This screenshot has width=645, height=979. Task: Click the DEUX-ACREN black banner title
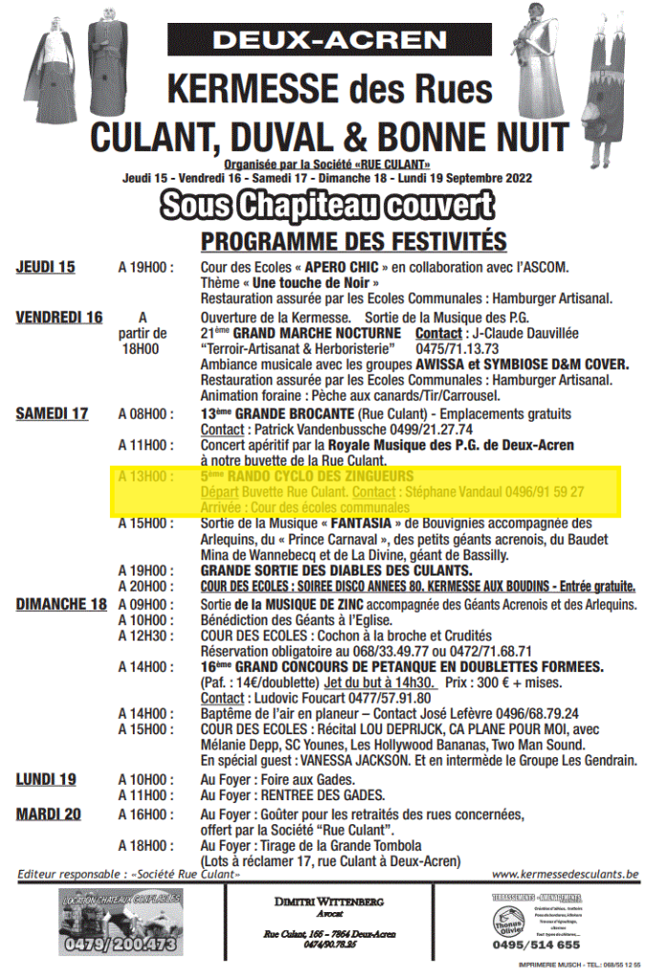point(330,40)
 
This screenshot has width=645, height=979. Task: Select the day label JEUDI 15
point(45,267)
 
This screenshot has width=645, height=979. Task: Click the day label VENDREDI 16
point(59,317)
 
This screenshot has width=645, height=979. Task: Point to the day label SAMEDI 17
point(52,414)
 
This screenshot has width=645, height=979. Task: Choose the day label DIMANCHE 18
point(60,604)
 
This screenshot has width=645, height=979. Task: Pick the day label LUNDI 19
point(45,779)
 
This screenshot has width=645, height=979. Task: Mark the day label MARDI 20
point(49,814)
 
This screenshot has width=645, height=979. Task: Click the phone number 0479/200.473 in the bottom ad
point(120,944)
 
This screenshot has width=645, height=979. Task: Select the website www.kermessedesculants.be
point(565,874)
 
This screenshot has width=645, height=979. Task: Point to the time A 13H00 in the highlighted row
point(146,476)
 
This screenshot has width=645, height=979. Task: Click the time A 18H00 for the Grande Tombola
point(146,845)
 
